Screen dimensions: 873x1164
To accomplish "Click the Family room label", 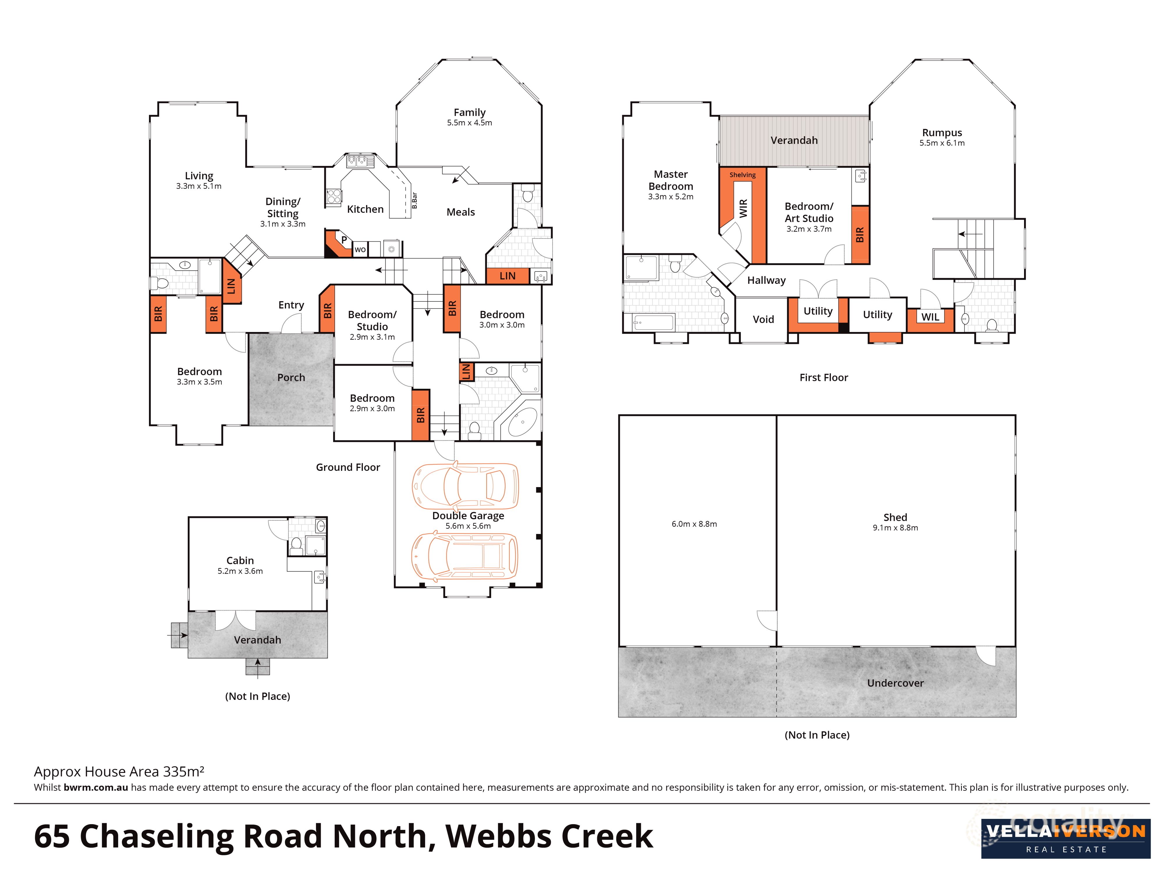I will pyautogui.click(x=469, y=112).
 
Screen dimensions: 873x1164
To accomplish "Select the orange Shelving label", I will pyautogui.click(x=742, y=175).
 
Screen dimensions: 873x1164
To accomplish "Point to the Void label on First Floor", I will pyautogui.click(x=763, y=320).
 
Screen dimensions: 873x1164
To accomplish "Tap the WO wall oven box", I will pyautogui.click(x=360, y=249).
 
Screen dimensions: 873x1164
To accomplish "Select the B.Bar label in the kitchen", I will pyautogui.click(x=414, y=200).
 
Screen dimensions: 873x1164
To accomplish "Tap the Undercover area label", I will pyautogui.click(x=895, y=683).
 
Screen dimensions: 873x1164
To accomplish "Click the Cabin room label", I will pyautogui.click(x=240, y=560).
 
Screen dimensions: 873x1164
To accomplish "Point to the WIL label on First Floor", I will pyautogui.click(x=930, y=317).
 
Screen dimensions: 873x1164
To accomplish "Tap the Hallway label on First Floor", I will pyautogui.click(x=766, y=281).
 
